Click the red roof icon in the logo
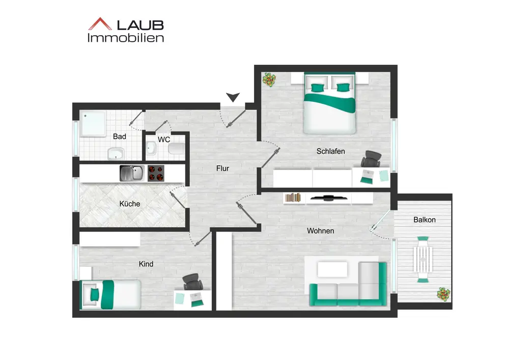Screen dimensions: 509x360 pos(100,24)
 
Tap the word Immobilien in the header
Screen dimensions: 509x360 pos(126,38)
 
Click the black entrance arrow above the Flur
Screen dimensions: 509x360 pos(233,97)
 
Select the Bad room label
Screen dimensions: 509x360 pos(120,136)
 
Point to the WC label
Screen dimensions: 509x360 pos(164,139)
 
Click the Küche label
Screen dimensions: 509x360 pos(130,204)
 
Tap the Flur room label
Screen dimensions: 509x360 pos(222,168)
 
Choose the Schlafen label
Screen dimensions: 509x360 pos(331,151)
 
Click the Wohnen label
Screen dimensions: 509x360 pos(321,231)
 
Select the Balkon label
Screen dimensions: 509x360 pos(425,220)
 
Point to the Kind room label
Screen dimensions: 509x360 pos(146,264)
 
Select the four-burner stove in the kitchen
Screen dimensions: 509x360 pos(156,174)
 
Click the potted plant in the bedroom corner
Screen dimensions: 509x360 pos(269,80)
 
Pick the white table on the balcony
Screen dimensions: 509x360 pos(423,259)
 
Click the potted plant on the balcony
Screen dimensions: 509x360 pos(443,294)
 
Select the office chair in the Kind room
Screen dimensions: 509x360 pos(192,281)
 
